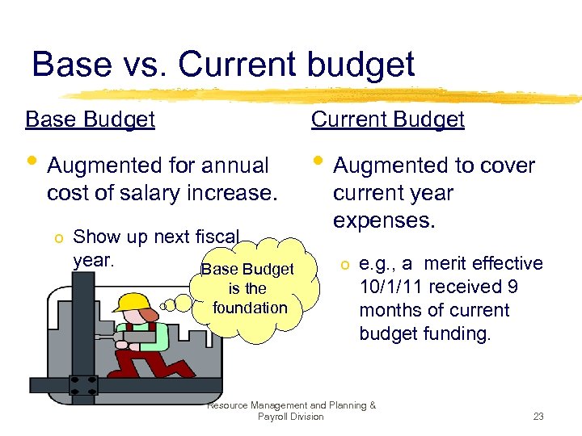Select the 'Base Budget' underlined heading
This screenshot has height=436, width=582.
[x=90, y=119]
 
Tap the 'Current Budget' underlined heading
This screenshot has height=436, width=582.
[x=387, y=119]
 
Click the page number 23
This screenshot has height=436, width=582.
[x=538, y=417]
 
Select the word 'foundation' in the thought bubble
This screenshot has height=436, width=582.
[x=250, y=308]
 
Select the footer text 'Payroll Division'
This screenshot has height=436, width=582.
[x=290, y=417]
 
